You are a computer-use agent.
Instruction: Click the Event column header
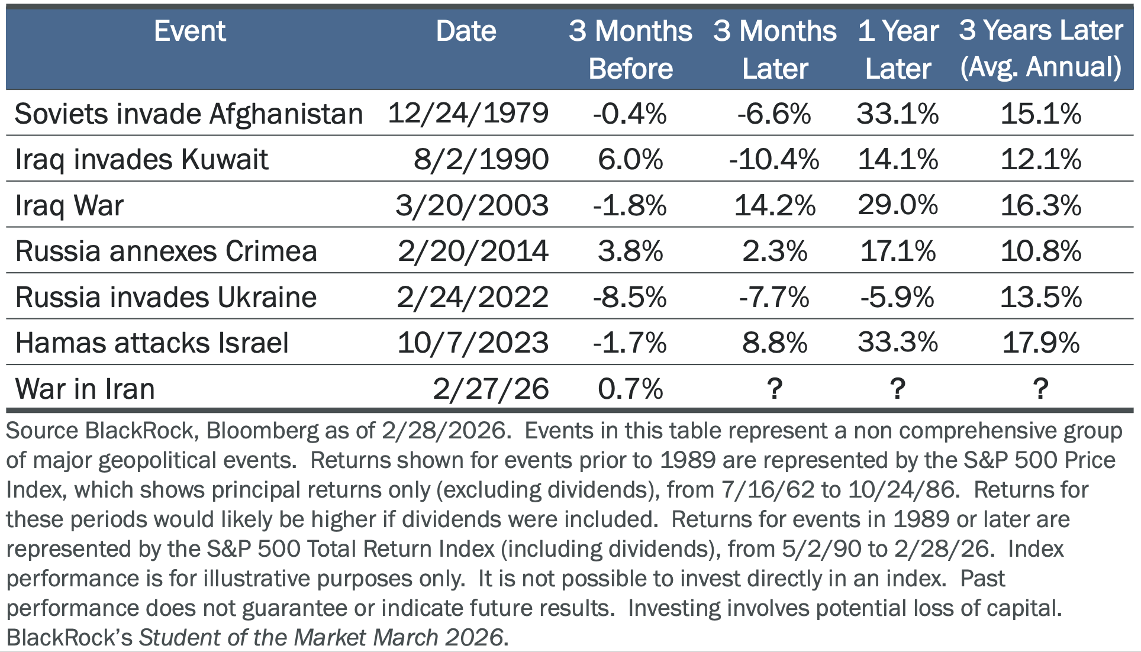(x=189, y=31)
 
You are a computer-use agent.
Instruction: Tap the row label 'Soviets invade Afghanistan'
(x=188, y=114)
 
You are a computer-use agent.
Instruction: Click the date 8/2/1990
(x=481, y=159)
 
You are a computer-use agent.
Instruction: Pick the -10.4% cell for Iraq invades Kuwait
(x=774, y=159)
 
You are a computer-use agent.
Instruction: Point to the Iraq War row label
(x=69, y=205)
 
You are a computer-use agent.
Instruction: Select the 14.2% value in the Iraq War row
(x=774, y=205)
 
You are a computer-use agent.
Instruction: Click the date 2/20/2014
(x=473, y=251)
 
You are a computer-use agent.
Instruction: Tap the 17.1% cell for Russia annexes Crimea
(x=898, y=251)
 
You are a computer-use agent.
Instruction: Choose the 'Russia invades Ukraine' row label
(x=166, y=297)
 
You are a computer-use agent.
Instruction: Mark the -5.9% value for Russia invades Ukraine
(x=897, y=297)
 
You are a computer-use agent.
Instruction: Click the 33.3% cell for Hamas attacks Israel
(x=898, y=343)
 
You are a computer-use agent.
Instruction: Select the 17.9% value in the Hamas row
(x=1040, y=343)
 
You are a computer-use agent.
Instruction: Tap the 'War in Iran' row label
(x=85, y=389)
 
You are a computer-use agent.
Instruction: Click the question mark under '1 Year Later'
(x=897, y=389)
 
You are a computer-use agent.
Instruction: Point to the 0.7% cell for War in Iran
(x=630, y=389)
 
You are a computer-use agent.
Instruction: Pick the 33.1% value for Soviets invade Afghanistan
(x=898, y=114)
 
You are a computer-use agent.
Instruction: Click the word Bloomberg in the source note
(x=263, y=431)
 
